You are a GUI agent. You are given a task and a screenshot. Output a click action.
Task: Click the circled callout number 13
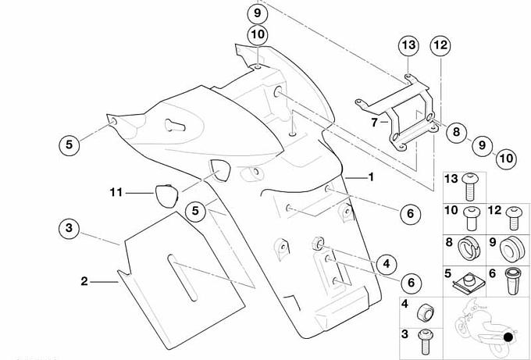(x=409, y=45)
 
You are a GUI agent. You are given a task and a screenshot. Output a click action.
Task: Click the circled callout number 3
(x=69, y=228)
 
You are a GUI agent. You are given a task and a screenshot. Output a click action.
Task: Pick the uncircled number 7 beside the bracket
(x=375, y=122)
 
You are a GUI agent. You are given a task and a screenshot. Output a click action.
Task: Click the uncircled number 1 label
(x=372, y=177)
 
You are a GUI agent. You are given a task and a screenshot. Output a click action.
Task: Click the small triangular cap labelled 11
(x=163, y=194)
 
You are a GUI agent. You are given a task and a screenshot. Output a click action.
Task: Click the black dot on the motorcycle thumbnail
(x=508, y=337)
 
